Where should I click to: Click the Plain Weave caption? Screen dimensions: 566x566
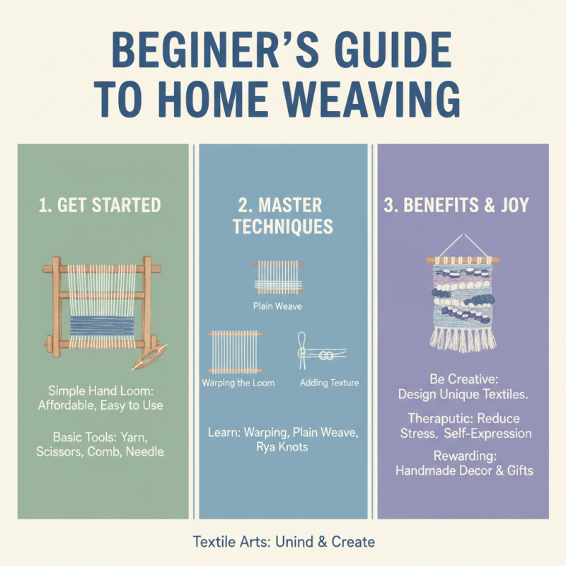[278, 307]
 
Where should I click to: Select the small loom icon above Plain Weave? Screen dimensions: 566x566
[278, 278]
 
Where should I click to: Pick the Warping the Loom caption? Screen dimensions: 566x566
[238, 383]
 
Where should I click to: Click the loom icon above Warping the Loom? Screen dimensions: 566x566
[236, 351]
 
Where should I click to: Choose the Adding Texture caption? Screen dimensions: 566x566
[329, 383]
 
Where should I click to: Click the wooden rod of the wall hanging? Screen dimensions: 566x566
[463, 260]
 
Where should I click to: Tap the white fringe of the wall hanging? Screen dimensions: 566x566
[463, 338]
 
